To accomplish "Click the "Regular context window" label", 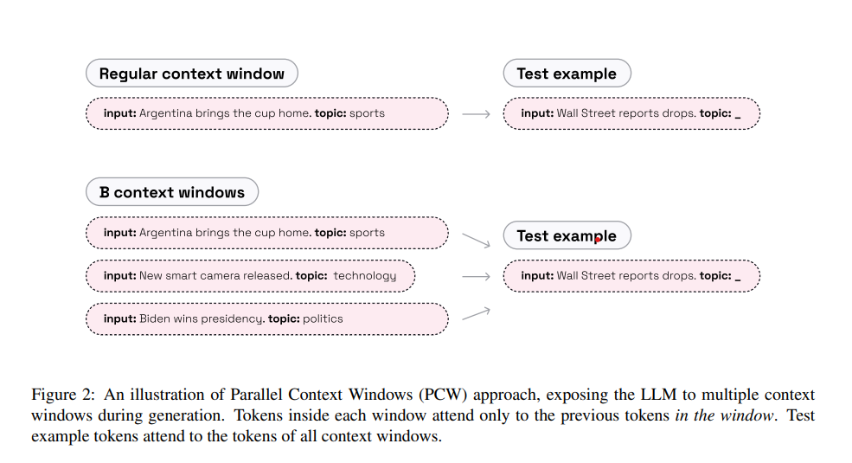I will pos(191,74).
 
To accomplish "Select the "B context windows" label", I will pos(172,192).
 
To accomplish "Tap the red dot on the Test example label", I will pos(597,240).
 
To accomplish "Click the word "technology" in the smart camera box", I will pos(365,276).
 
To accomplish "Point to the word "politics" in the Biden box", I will pos(323,318).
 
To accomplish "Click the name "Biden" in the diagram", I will pos(156,318).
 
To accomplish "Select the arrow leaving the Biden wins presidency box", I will pos(477,313).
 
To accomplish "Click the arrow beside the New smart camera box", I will pos(477,276).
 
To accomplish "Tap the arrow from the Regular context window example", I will pos(477,113).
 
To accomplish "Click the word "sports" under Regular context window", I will pos(368,113).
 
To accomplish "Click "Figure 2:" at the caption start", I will pos(61,395).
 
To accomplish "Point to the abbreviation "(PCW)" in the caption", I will pos(443,395).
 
